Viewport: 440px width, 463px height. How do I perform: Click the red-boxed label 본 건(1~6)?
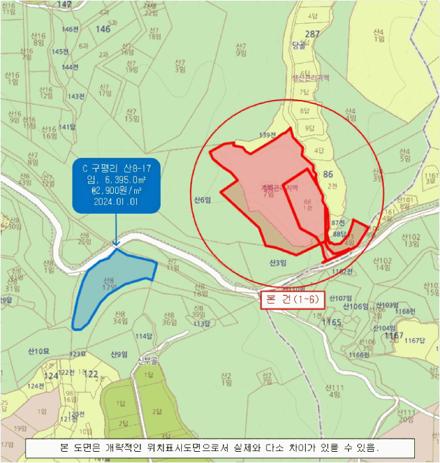click(x=292, y=299)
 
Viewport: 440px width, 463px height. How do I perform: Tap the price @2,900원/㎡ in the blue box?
click(x=116, y=190)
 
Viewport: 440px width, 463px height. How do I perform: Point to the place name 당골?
click(x=298, y=46)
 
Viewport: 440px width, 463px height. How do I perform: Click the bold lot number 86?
click(x=328, y=174)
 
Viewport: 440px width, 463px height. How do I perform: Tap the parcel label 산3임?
click(x=278, y=263)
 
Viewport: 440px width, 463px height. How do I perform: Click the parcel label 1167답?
click(x=414, y=341)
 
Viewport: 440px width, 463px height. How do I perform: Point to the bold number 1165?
click(x=332, y=323)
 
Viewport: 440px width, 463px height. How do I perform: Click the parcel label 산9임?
click(x=119, y=353)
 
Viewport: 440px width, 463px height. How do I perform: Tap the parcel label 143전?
click(x=77, y=97)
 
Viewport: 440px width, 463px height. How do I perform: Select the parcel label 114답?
click(x=144, y=336)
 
